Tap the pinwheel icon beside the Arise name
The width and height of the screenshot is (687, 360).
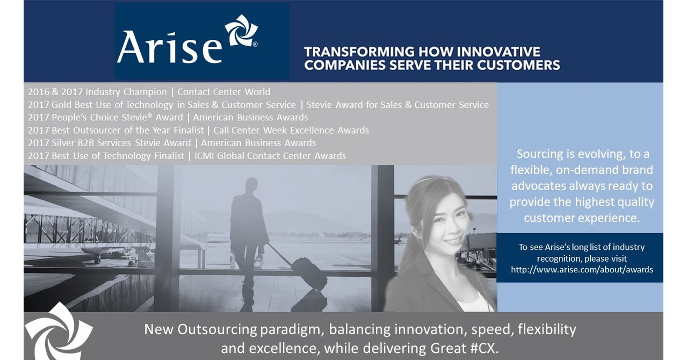click(241, 31)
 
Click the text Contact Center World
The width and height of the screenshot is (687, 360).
click(224, 92)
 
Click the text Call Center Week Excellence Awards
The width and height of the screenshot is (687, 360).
click(291, 130)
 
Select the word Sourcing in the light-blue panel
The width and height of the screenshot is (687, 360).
click(539, 154)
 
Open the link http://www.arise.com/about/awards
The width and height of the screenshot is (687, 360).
click(582, 270)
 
